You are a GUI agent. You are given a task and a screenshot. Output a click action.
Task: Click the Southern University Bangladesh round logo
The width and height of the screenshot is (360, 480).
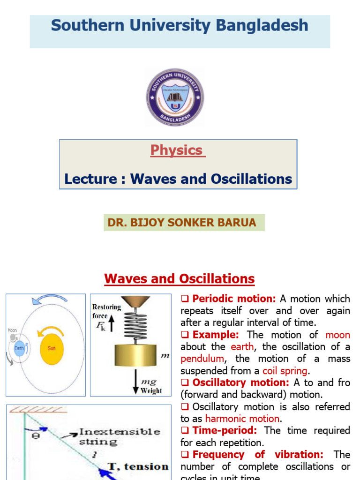tap(175, 97)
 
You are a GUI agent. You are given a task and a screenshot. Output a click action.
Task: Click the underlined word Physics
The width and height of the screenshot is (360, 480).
tap(176, 150)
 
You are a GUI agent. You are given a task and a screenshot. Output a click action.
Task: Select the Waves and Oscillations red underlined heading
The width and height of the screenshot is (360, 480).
tap(180, 279)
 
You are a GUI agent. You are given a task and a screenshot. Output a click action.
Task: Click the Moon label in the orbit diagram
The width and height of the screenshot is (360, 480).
tap(12, 330)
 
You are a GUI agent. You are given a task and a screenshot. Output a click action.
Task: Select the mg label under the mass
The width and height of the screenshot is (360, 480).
tap(150, 382)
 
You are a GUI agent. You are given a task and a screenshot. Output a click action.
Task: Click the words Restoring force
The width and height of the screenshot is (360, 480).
tap(106, 311)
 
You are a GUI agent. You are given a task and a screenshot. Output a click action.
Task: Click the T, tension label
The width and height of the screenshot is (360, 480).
tap(138, 466)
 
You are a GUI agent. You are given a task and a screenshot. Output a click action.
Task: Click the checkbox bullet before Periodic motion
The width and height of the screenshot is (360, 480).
tap(184, 299)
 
